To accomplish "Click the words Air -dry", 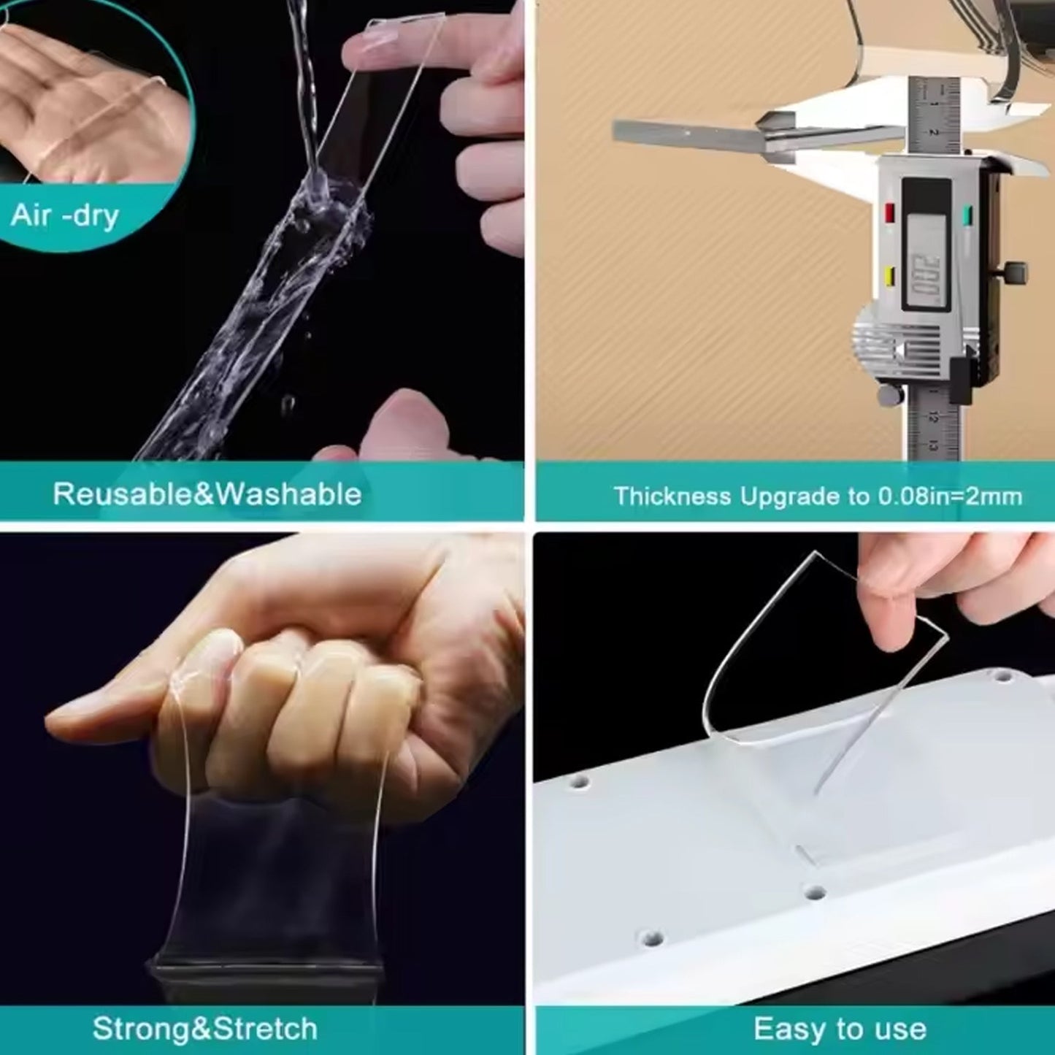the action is coord(64,215).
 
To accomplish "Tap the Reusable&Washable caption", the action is coord(207,494).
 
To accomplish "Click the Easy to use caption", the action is coord(840,1014).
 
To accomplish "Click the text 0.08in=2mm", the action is coord(951,496).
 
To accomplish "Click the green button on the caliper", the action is coord(968,216).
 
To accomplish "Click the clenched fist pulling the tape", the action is coord(285,695).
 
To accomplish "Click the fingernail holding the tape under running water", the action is coord(377,39).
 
